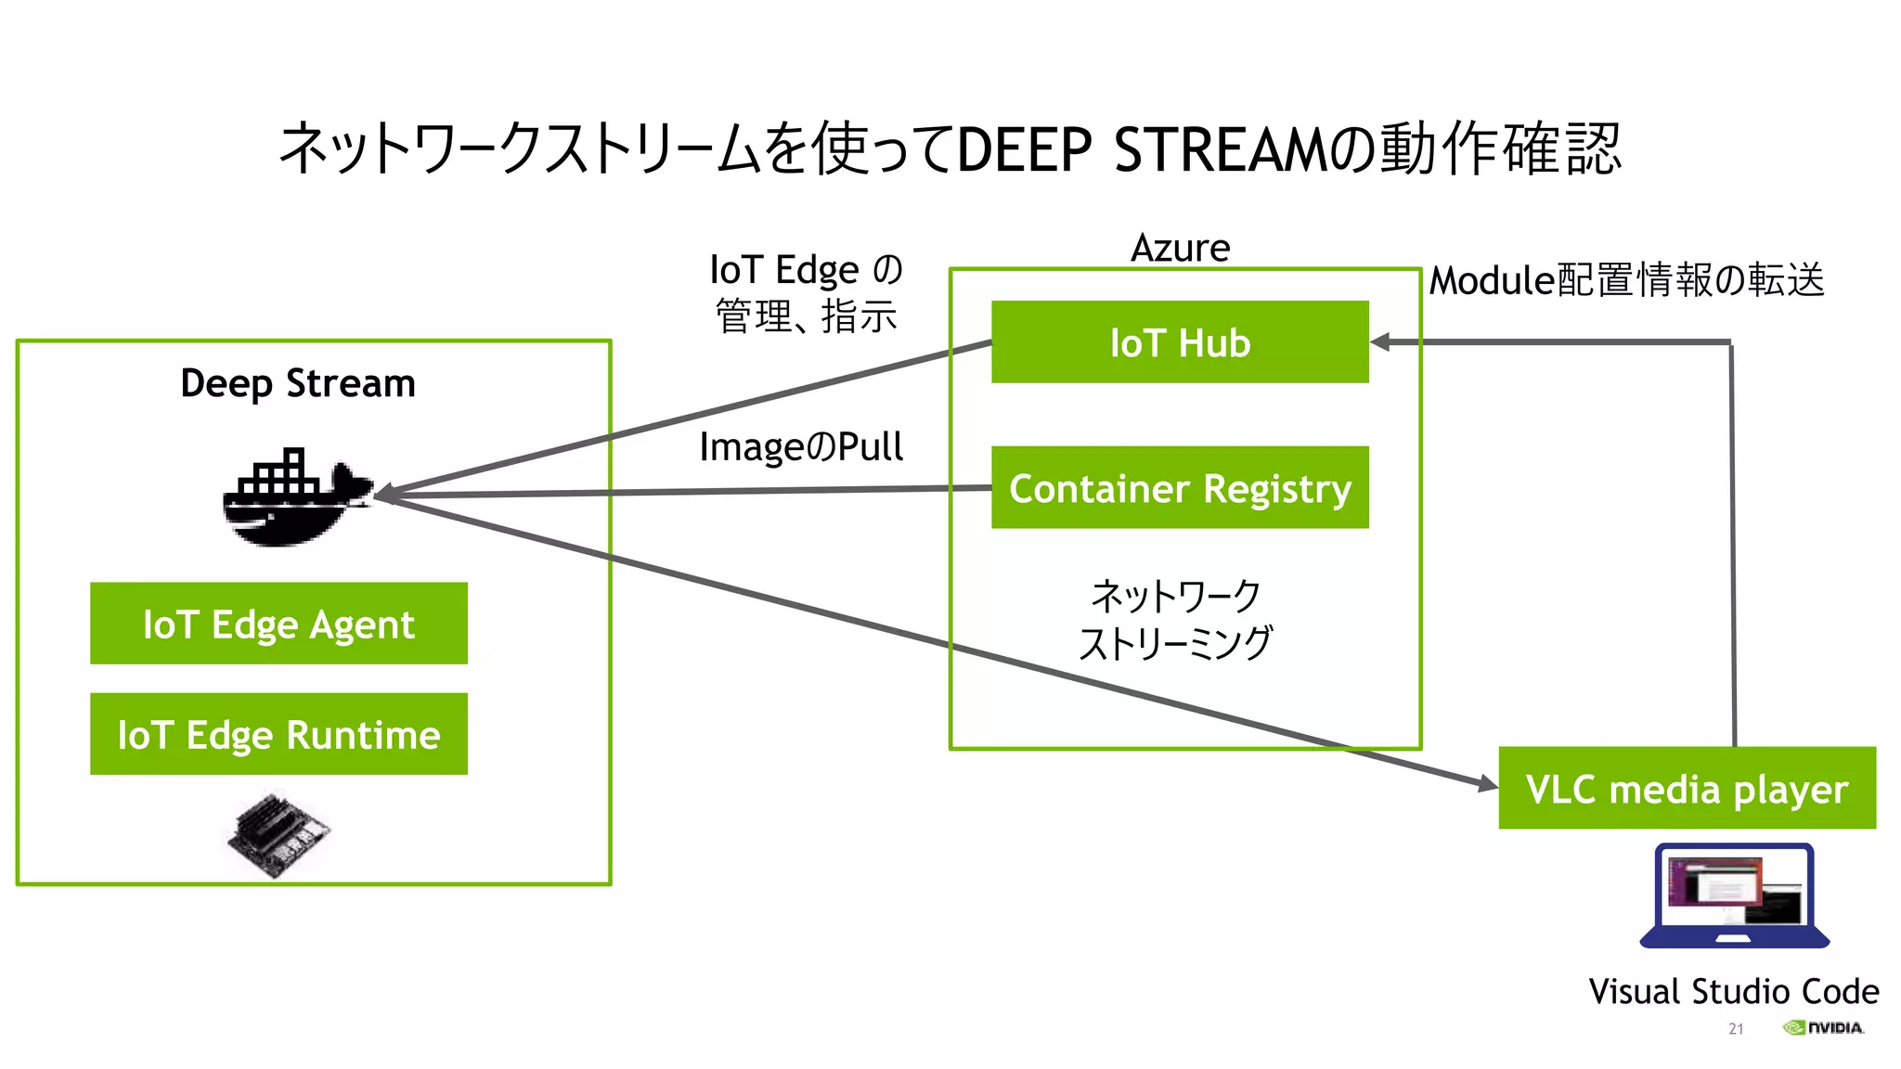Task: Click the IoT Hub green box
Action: (1179, 341)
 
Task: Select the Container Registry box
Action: (1179, 487)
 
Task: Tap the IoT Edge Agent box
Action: (278, 624)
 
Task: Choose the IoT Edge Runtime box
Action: (278, 734)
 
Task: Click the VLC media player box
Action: (1687, 788)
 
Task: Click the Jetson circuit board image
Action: (278, 832)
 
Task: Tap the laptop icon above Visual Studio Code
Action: (1734, 895)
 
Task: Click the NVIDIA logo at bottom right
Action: (1823, 1027)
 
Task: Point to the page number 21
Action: (1736, 1029)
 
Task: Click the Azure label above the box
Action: (1180, 248)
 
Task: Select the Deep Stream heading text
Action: (298, 383)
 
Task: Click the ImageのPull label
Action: (800, 447)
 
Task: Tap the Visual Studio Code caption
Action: (1733, 991)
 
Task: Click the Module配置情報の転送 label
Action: (1626, 280)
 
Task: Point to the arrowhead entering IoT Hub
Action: (1380, 342)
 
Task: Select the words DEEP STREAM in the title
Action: (1142, 150)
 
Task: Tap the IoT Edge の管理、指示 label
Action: (806, 292)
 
